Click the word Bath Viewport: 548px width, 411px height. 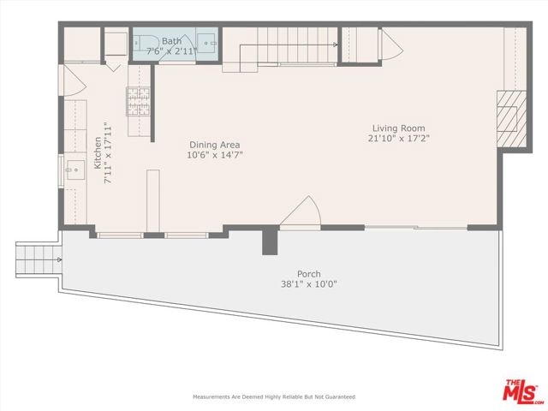171,40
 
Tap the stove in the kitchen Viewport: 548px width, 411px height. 137,102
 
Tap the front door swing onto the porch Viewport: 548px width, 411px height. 302,211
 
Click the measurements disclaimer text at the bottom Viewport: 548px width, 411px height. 273,397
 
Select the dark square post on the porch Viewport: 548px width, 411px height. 271,240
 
